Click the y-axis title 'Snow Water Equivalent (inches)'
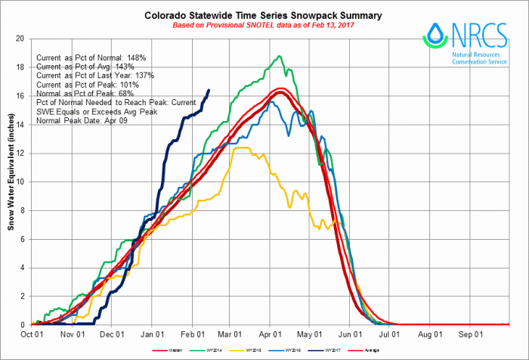point(11,182)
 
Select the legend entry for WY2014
point(218,350)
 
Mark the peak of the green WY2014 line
point(280,56)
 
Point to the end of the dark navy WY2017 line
point(209,90)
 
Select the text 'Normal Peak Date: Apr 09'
point(80,121)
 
